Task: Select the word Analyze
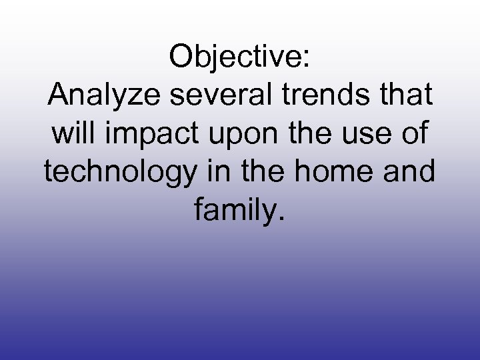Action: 97,97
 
